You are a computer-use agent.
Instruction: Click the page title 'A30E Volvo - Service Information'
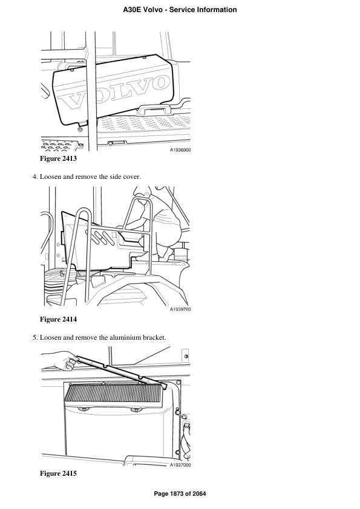click(180, 10)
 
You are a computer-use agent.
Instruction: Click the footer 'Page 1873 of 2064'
click(180, 494)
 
